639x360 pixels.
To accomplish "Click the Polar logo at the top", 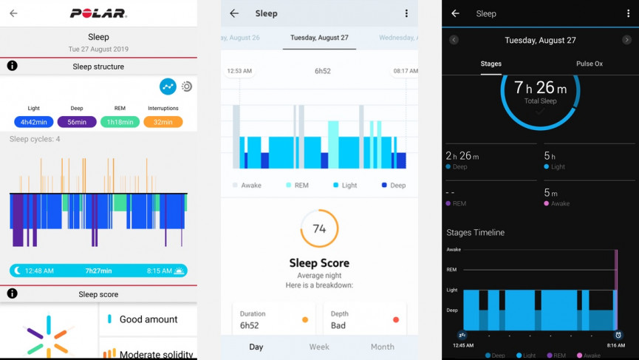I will [98, 13].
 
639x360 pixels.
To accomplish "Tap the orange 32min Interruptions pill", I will [163, 122].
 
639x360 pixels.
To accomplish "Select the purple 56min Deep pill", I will [77, 122].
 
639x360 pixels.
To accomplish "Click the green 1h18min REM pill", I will [120, 122].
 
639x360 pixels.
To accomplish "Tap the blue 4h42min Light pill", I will [34, 122].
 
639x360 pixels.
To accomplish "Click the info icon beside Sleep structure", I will [12, 66].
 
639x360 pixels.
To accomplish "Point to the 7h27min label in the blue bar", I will [98, 271].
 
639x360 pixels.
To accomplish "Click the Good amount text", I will [148, 319].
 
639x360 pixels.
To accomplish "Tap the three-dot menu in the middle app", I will [406, 13].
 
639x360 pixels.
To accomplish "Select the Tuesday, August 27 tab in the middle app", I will [319, 38].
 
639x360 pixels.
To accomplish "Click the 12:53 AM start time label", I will [240, 71].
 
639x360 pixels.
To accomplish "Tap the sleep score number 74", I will [319, 228].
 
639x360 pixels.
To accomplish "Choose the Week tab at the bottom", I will [319, 347].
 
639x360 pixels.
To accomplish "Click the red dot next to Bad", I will [396, 319].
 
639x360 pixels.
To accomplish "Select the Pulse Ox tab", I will [589, 64].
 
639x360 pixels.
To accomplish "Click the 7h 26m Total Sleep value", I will [540, 90].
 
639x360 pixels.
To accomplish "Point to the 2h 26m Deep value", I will [462, 156].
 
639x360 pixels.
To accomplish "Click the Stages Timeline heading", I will [476, 232].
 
